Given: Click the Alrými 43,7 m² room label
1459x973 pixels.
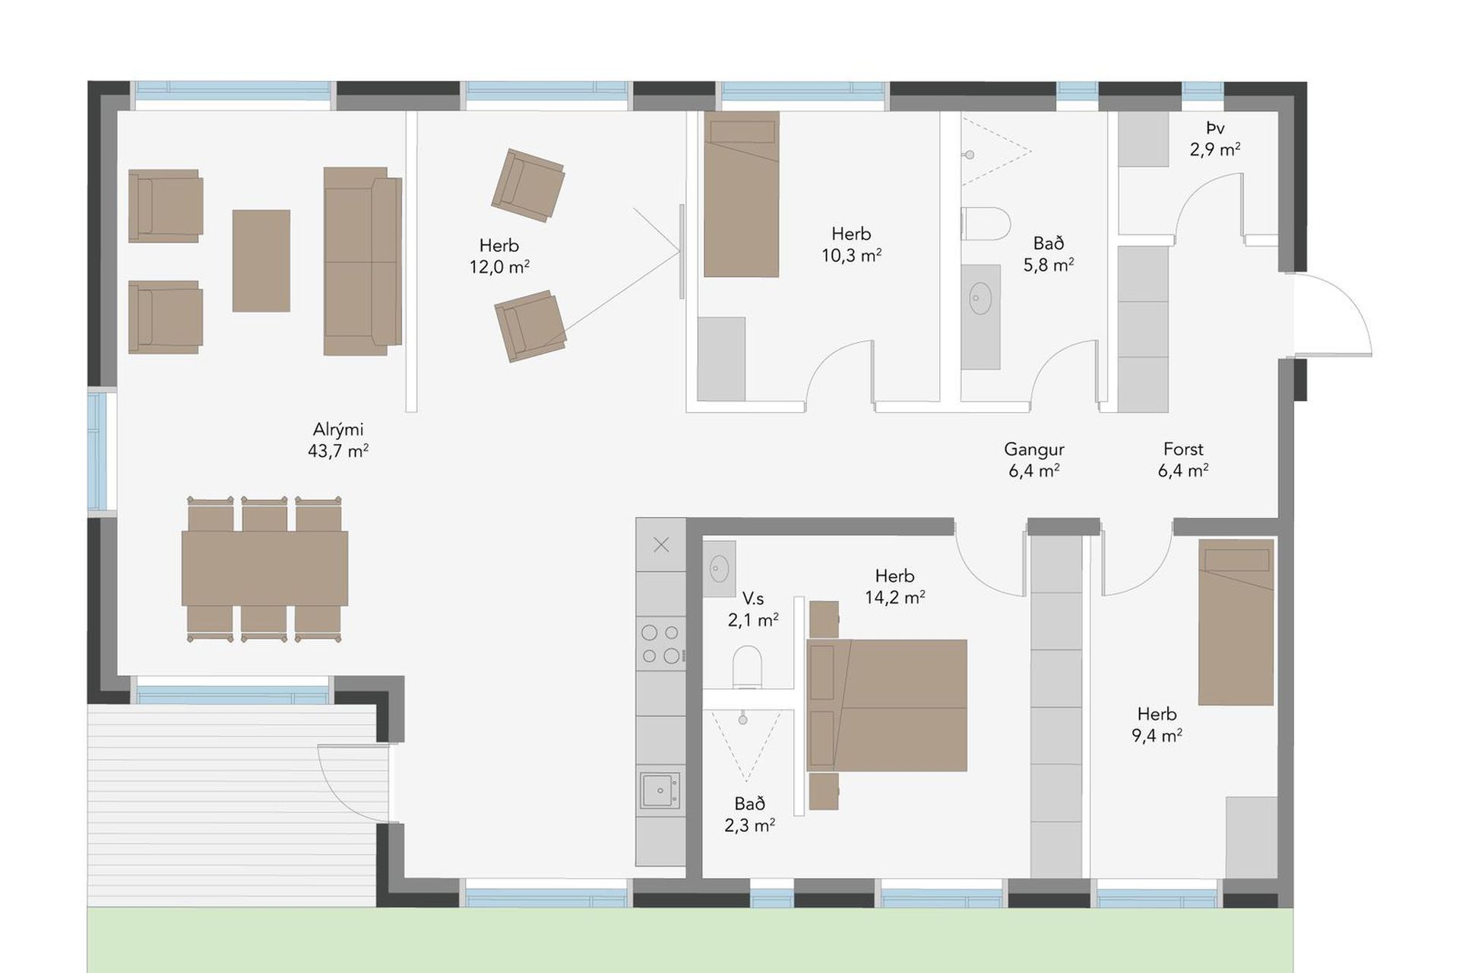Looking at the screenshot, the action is tap(338, 440).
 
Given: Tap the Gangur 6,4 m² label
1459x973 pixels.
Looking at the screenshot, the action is tap(1034, 460).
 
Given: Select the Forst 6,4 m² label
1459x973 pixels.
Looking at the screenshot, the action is tap(1183, 460).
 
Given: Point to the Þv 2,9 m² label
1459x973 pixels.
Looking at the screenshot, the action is tap(1215, 139).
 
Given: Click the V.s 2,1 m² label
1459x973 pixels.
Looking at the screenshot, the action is tap(753, 610).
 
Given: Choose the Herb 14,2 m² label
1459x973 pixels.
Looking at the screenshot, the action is tap(895, 587).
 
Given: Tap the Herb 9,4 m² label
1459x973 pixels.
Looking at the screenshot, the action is tap(1157, 724).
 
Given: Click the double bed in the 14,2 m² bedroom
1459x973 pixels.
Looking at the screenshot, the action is tap(887, 705).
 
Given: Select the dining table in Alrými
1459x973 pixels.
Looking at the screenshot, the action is tap(264, 569).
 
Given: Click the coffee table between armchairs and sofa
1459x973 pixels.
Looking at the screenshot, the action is tap(261, 261).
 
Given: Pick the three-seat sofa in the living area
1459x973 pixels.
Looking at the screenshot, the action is tap(362, 261).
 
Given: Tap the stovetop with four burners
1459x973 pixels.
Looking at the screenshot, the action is tap(661, 643).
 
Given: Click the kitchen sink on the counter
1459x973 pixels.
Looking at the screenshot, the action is tap(660, 791).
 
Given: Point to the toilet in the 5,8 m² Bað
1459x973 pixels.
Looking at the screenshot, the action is tap(986, 223).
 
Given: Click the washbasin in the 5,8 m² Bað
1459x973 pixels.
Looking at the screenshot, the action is tap(980, 298).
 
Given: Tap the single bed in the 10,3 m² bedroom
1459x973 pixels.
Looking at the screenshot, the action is tap(742, 194).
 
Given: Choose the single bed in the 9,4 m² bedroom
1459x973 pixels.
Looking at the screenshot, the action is tap(1236, 623).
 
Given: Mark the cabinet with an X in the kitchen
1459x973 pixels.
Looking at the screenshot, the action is tap(661, 544).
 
